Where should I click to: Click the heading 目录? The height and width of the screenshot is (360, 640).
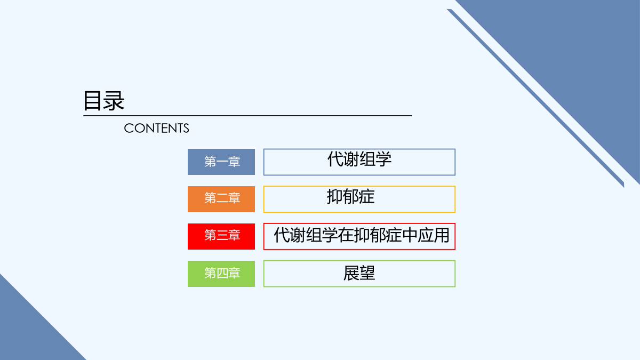tap(103, 101)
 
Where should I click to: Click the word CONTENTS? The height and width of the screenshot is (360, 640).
tap(156, 129)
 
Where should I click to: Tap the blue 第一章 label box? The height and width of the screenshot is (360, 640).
tap(221, 162)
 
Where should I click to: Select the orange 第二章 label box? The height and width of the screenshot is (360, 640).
tap(221, 199)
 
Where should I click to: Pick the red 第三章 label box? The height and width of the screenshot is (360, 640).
tap(221, 237)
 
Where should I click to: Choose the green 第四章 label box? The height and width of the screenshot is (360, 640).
tap(221, 274)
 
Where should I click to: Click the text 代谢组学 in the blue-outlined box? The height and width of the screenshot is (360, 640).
tap(359, 159)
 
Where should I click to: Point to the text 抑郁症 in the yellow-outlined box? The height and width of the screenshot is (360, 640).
tap(350, 197)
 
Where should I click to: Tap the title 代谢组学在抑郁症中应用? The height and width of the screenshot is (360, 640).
tap(362, 235)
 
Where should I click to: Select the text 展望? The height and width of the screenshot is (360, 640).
tap(359, 273)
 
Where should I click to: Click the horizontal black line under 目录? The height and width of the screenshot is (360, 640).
tap(247, 116)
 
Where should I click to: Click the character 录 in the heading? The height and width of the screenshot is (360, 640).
tap(114, 101)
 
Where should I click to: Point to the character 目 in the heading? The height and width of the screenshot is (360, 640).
tap(93, 101)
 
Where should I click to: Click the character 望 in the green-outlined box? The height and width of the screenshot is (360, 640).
tap(367, 273)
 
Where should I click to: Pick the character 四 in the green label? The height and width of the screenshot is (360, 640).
tap(222, 273)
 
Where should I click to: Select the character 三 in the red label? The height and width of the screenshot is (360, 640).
tap(222, 235)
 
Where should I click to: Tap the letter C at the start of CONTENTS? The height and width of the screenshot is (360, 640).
tap(129, 129)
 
